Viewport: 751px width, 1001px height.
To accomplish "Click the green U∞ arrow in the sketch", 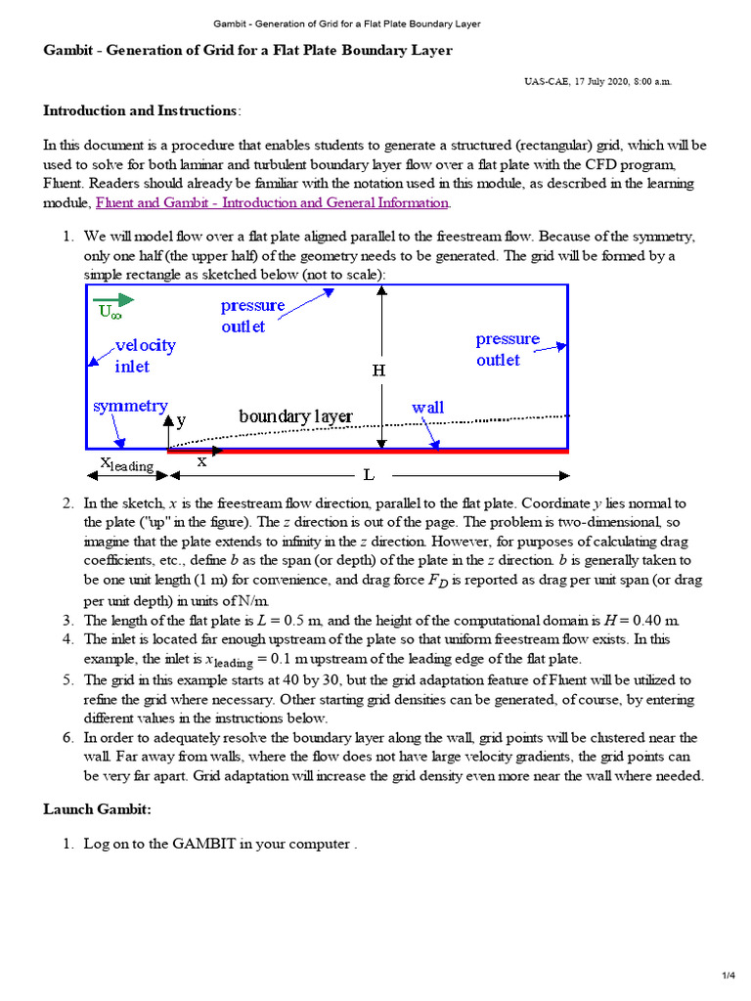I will (x=115, y=299).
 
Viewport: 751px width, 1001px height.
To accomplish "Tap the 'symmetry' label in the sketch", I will (x=130, y=406).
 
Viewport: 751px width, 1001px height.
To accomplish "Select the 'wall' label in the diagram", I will (x=427, y=407).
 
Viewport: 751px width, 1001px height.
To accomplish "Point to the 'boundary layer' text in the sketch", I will (x=295, y=416).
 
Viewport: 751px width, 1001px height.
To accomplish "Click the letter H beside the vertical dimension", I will (x=378, y=370).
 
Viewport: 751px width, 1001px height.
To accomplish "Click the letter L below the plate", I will (x=369, y=475).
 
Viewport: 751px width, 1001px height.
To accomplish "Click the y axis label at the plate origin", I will (x=182, y=420).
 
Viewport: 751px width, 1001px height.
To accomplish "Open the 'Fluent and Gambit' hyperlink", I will (x=272, y=202).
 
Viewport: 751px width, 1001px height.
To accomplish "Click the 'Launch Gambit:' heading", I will (x=97, y=808).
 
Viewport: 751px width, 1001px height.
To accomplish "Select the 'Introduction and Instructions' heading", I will (x=140, y=110).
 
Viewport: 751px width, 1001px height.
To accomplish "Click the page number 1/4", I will (x=728, y=976).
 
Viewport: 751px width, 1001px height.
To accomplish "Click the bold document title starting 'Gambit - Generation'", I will (x=248, y=51).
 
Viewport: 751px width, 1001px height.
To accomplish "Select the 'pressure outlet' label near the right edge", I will (x=508, y=349).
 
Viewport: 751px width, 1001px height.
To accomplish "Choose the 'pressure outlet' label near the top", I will (x=252, y=315).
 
